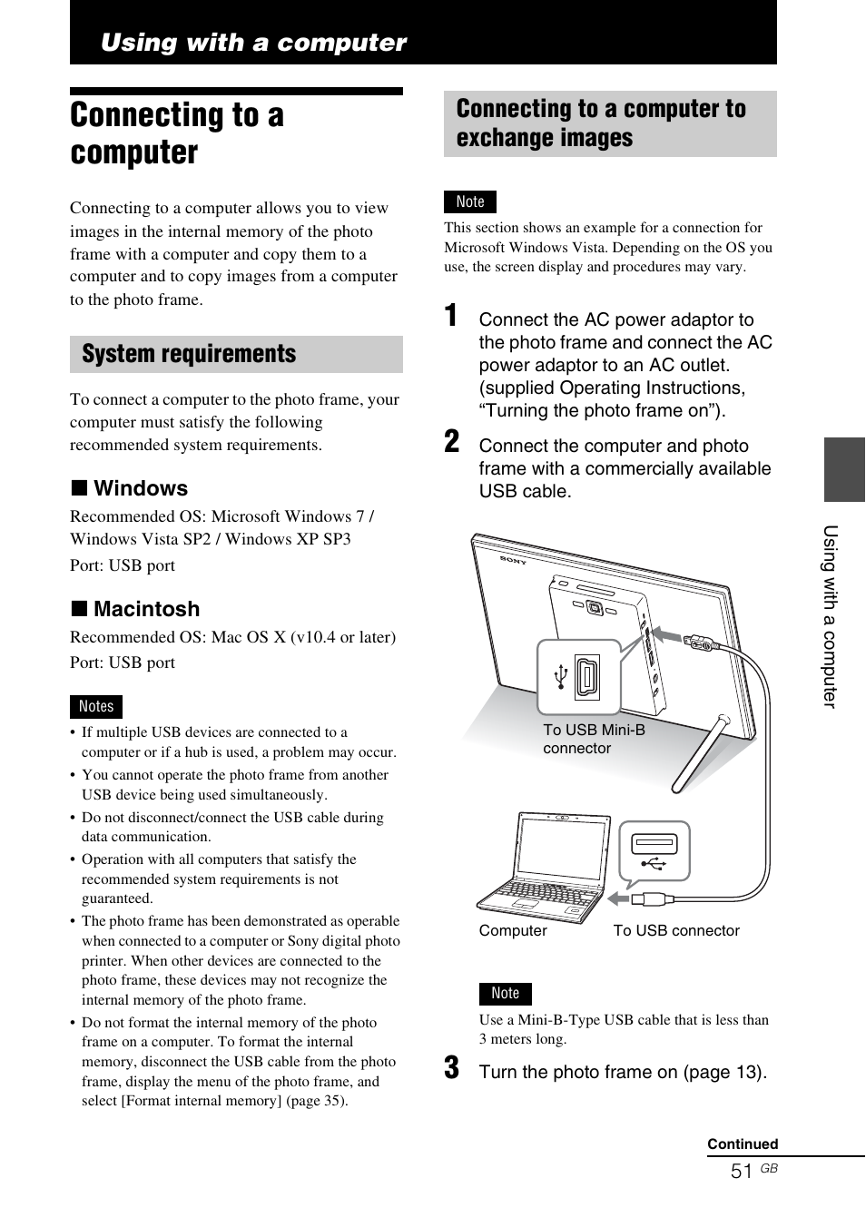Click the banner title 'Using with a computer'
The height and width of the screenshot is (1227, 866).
coord(253,43)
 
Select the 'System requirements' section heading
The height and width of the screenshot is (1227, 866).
coord(189,354)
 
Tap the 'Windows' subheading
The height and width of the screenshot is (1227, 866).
coord(140,488)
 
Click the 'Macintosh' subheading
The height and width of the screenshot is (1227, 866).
coord(146,609)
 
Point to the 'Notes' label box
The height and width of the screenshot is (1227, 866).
coord(96,707)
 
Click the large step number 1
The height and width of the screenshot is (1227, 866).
coord(451,316)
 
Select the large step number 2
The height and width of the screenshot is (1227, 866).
coord(451,442)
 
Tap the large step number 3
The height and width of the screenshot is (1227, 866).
coord(451,1068)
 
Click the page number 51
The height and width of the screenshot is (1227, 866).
coord(741,1172)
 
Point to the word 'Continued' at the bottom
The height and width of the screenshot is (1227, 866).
coord(743,1144)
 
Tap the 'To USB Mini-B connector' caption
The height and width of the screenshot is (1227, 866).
coord(594,739)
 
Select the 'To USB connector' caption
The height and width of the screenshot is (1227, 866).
coord(676,931)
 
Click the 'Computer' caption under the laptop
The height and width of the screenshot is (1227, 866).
coord(513,931)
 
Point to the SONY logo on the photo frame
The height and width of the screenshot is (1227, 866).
coord(513,560)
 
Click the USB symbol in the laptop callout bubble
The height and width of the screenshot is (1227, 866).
coord(654,863)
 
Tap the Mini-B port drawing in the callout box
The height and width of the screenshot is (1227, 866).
coord(586,677)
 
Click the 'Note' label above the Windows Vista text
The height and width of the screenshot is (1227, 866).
coord(470,201)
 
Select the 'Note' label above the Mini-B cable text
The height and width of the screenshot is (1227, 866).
coord(506,994)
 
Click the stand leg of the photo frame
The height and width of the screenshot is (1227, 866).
coord(699,754)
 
